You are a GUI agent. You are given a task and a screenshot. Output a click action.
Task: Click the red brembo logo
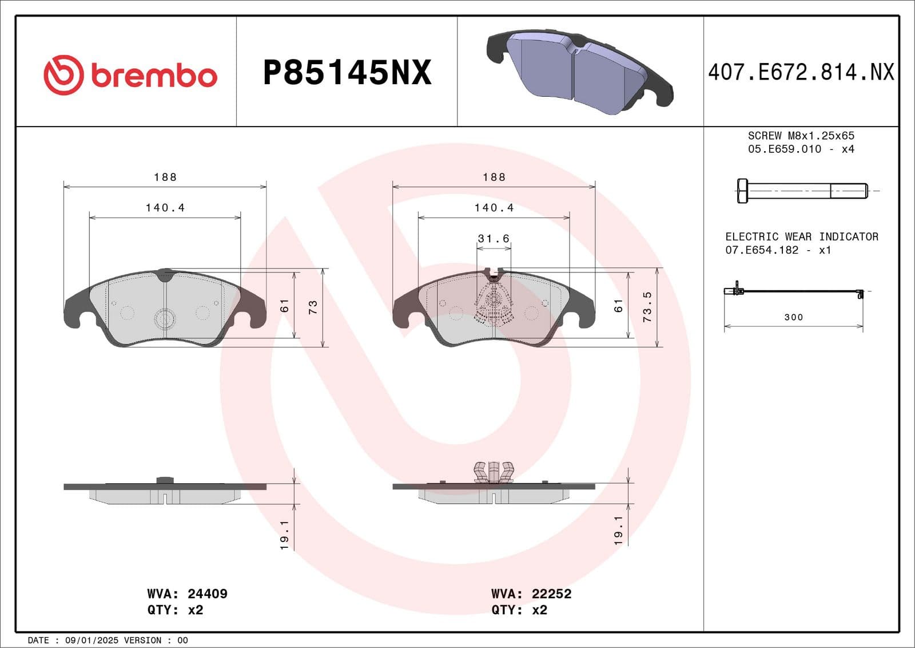pos(130,75)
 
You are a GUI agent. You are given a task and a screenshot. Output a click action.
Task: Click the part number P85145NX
pos(347,73)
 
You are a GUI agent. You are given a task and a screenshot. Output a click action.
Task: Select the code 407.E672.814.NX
pos(801,73)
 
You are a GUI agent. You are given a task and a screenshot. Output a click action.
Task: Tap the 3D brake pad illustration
pos(579,72)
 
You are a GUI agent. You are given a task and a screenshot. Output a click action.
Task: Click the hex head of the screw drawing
pos(742,191)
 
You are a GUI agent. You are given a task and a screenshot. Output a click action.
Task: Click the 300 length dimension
pos(793,317)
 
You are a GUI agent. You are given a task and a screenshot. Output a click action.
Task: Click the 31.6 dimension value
pos(493,238)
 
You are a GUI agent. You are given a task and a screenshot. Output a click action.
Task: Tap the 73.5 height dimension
pos(647,307)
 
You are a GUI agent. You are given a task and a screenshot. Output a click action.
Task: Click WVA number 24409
pos(207,594)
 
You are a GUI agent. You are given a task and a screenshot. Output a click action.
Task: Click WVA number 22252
pos(551,594)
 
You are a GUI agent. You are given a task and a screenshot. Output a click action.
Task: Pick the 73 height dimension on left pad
pos(313,307)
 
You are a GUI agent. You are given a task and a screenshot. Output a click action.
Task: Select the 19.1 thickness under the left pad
pos(284,535)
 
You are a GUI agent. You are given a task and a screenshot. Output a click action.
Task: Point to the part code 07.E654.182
pos(761,250)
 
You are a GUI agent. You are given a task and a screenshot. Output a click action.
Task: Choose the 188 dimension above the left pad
pos(165,177)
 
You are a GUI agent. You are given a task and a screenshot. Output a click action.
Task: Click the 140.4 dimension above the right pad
pos(494,208)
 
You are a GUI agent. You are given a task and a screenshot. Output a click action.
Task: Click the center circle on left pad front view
pos(165,319)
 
